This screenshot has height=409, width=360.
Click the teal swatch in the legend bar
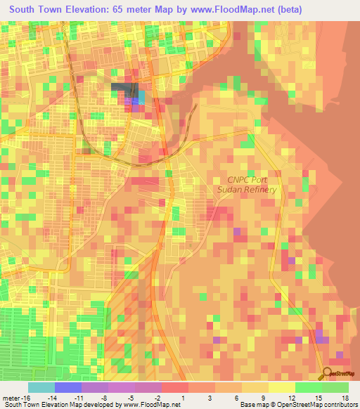[41, 387]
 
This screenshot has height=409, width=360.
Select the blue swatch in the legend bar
[67, 387]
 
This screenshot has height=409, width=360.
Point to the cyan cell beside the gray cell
[141, 97]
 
